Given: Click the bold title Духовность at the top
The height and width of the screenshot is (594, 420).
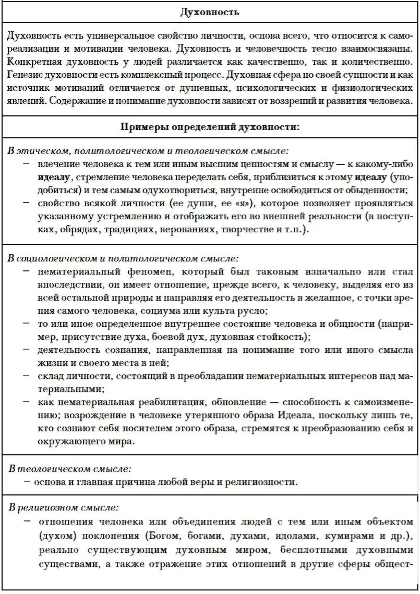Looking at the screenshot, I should [x=209, y=11].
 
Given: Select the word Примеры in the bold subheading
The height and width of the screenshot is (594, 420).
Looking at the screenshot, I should [x=143, y=127].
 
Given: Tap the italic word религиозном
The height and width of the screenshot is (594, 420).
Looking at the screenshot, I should [x=49, y=506].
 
